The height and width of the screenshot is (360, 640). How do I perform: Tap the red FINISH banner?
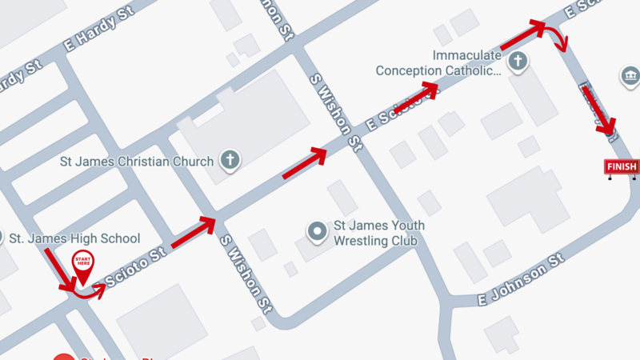coord(622,166)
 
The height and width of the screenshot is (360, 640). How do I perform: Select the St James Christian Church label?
coord(137,162)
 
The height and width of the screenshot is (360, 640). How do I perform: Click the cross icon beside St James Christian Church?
coord(230,160)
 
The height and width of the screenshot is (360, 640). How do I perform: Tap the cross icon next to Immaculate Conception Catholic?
coord(518,62)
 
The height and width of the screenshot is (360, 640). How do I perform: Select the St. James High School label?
coord(74,238)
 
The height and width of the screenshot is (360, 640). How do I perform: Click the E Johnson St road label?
coord(522,281)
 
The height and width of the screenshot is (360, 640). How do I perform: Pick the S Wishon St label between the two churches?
coord(337,113)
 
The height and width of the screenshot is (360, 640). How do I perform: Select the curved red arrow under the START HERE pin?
coord(89,291)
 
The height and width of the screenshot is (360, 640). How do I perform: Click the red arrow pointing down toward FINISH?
coord(598,110)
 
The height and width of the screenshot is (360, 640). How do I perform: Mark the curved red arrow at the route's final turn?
coord(553,33)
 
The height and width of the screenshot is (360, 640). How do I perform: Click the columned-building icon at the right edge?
coord(630,77)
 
